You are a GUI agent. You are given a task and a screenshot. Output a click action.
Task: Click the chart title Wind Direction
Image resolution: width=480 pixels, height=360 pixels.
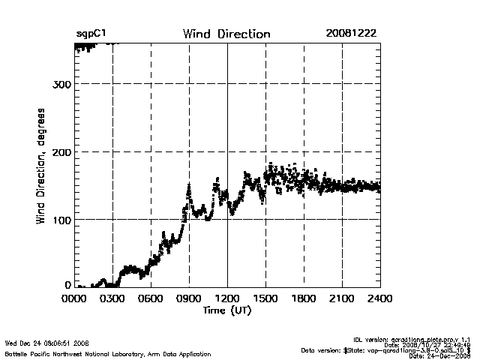coord(226,34)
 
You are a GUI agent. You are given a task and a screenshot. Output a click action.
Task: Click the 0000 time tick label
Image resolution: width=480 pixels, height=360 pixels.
coord(75,298)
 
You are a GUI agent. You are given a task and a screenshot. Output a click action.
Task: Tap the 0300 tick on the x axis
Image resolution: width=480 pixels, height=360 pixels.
coord(113,298)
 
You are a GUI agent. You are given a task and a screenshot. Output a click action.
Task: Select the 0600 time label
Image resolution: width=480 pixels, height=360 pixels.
coord(151,298)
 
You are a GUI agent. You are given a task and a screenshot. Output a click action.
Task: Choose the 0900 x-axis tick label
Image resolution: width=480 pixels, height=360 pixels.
coord(190,298)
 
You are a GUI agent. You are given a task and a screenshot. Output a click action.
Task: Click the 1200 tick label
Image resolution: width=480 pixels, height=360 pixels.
coord(227,298)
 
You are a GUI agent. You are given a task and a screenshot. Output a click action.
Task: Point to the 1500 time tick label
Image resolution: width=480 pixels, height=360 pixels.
coord(265,298)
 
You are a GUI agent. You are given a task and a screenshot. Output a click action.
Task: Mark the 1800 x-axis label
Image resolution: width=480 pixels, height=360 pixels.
coord(304,298)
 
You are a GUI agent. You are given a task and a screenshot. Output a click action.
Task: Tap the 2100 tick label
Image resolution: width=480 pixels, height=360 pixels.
coord(342,298)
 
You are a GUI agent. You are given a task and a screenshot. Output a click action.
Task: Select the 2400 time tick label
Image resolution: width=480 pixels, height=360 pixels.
coord(379,298)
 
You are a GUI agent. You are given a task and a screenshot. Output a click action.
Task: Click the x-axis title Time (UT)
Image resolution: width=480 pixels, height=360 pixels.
coord(227,310)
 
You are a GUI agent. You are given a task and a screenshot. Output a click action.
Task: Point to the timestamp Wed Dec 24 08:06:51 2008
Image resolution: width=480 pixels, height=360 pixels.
coord(47,343)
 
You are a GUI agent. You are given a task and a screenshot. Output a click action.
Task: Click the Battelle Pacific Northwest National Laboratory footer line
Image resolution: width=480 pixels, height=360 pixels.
coord(108,353)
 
